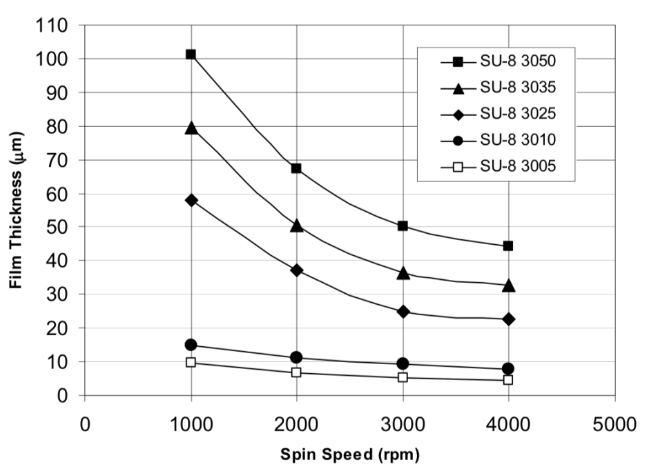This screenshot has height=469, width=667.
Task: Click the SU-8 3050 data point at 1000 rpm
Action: click(191, 54)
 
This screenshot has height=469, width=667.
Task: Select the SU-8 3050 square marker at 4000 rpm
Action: click(508, 246)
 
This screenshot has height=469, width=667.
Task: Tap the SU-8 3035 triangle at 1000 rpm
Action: click(191, 128)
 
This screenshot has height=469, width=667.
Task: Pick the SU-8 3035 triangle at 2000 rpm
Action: click(296, 225)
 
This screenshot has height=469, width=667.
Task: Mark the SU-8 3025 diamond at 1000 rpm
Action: click(191, 200)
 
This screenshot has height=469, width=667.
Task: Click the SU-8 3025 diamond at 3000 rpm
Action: click(403, 312)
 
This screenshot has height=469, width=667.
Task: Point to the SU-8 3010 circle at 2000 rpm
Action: click(296, 357)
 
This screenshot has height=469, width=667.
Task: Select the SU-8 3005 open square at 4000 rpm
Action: click(508, 380)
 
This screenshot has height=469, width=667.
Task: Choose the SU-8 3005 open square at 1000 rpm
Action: click(191, 362)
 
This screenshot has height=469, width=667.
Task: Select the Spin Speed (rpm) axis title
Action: click(349, 455)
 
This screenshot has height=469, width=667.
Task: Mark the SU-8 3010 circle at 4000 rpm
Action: click(508, 368)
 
